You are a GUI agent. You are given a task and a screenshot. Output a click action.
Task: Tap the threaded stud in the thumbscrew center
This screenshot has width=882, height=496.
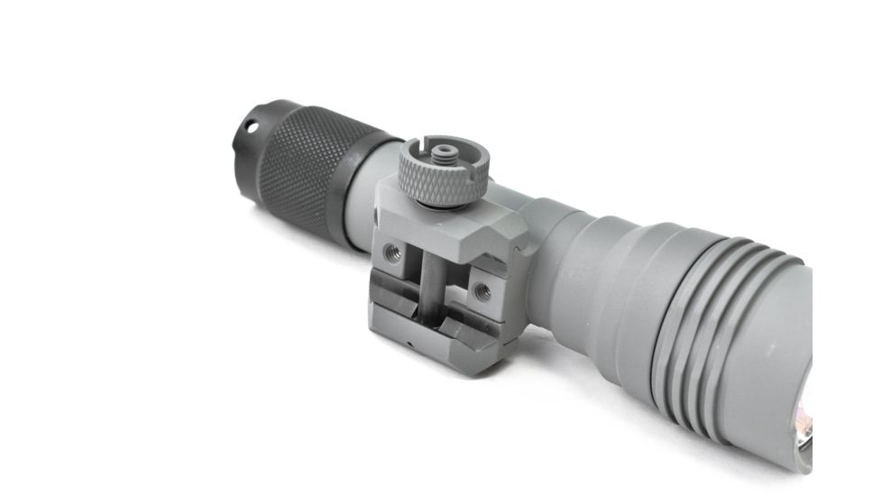click(x=442, y=150)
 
